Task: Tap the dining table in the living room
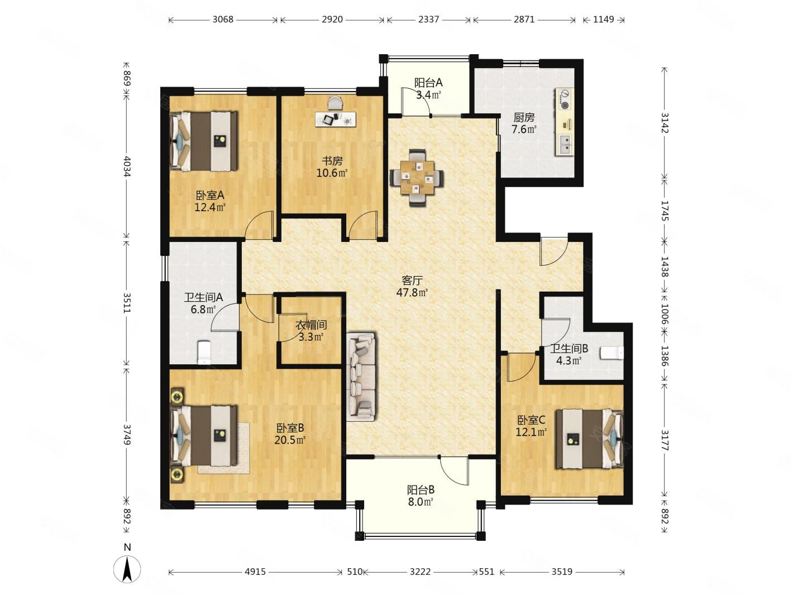click(x=417, y=177)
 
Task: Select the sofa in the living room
click(x=361, y=377)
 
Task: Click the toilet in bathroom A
click(x=204, y=352)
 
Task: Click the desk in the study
click(x=335, y=119)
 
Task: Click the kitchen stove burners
click(x=564, y=99)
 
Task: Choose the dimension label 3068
click(x=223, y=19)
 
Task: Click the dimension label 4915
click(x=255, y=572)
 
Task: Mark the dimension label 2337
click(x=428, y=19)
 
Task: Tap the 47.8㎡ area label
click(x=412, y=292)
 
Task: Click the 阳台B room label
click(x=421, y=490)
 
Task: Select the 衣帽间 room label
click(x=311, y=325)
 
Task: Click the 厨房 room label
click(x=524, y=117)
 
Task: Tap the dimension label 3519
click(x=562, y=572)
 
